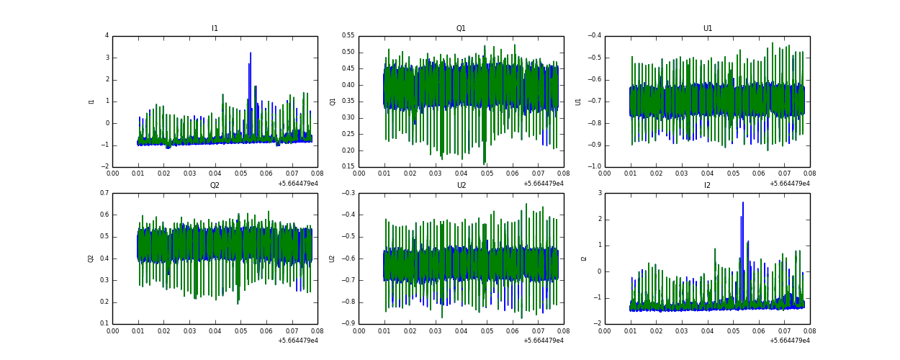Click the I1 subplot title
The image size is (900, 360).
pos(215,29)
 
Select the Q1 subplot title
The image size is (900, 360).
pos(461,29)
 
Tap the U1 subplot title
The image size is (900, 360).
pos(708,29)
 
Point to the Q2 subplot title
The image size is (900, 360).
pos(215,186)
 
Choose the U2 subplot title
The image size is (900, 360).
pos(461,186)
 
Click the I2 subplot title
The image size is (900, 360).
pos(708,186)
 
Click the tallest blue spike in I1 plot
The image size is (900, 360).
pos(251,53)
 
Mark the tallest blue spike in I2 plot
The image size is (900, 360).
pos(743,203)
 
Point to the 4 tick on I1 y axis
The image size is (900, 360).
pos(107,35)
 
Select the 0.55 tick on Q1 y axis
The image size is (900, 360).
pos(347,35)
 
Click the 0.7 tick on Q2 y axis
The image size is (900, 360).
pos(104,193)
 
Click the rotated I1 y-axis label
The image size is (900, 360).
pos(91,102)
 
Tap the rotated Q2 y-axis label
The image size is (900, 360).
pos(91,258)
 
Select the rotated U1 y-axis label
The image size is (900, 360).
pos(578,102)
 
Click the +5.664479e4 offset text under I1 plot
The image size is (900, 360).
pos(297,184)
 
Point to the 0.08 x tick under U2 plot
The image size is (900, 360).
pos(563,331)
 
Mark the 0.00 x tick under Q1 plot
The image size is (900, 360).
pos(359,174)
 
